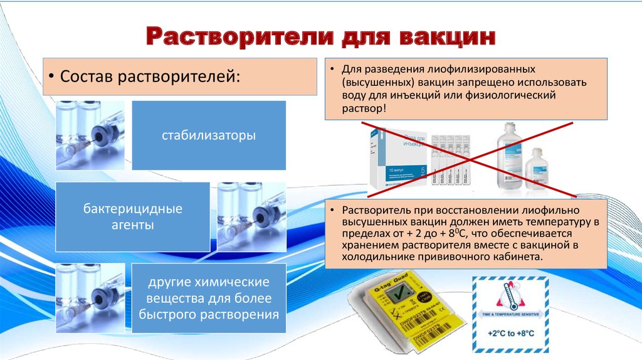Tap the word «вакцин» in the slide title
[x=448, y=36]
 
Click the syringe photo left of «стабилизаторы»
[x=90, y=135]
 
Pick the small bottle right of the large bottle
[x=536, y=168]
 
